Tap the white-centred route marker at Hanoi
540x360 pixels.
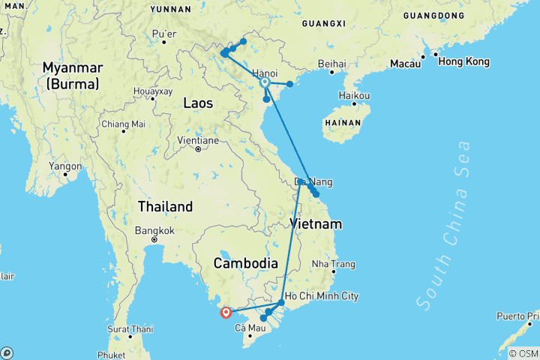[265, 82]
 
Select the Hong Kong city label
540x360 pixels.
[463, 61]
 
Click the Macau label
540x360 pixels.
[403, 64]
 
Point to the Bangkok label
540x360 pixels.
[154, 230]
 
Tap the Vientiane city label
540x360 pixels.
[197, 140]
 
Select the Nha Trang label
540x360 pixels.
[333, 264]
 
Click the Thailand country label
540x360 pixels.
[165, 206]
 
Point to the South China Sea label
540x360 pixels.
[444, 225]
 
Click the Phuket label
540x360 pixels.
[111, 355]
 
